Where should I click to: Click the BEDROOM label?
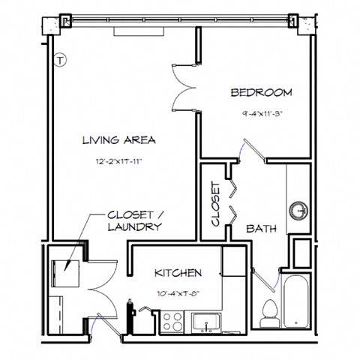pos(260,93)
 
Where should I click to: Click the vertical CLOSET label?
pos(215,204)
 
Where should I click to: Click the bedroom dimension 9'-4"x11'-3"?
pos(260,115)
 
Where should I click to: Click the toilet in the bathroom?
pos(268,313)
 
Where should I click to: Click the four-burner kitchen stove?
pos(172,321)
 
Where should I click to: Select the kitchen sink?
pos(205,322)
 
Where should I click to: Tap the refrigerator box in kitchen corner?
pos(234,262)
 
